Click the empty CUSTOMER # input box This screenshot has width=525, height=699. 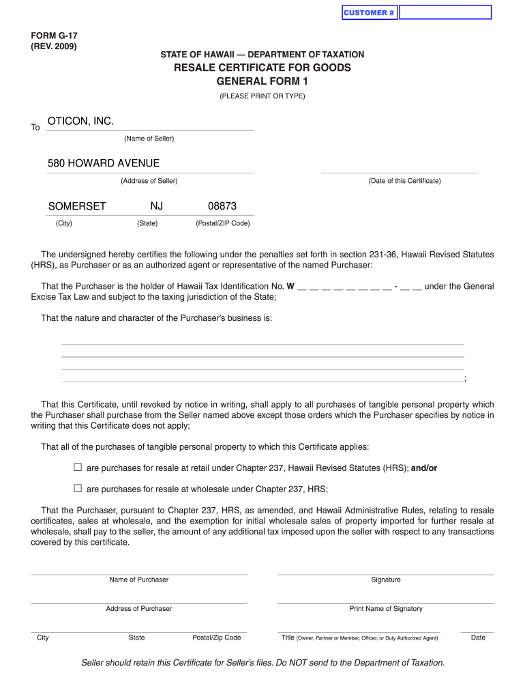tap(445, 12)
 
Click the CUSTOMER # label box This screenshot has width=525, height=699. tap(369, 12)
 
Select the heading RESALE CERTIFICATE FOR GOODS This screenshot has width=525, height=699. tap(262, 68)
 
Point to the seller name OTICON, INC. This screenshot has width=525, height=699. tap(80, 122)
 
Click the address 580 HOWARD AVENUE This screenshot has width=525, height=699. tap(104, 164)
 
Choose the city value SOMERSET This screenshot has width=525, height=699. tap(77, 206)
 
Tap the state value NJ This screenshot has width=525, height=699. tap(157, 206)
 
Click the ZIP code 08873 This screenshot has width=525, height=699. tap(222, 206)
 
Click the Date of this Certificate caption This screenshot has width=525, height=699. tap(405, 181)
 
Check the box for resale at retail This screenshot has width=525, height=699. tap(77, 468)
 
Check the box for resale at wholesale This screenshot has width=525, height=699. tap(77, 488)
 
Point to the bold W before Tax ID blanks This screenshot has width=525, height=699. tap(290, 287)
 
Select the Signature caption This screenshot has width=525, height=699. tap(386, 580)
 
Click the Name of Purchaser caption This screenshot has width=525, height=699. tap(138, 580)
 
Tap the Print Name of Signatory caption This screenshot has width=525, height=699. tap(386, 608)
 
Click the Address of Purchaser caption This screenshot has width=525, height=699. tap(138, 608)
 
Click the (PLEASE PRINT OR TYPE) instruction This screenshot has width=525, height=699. tap(262, 96)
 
